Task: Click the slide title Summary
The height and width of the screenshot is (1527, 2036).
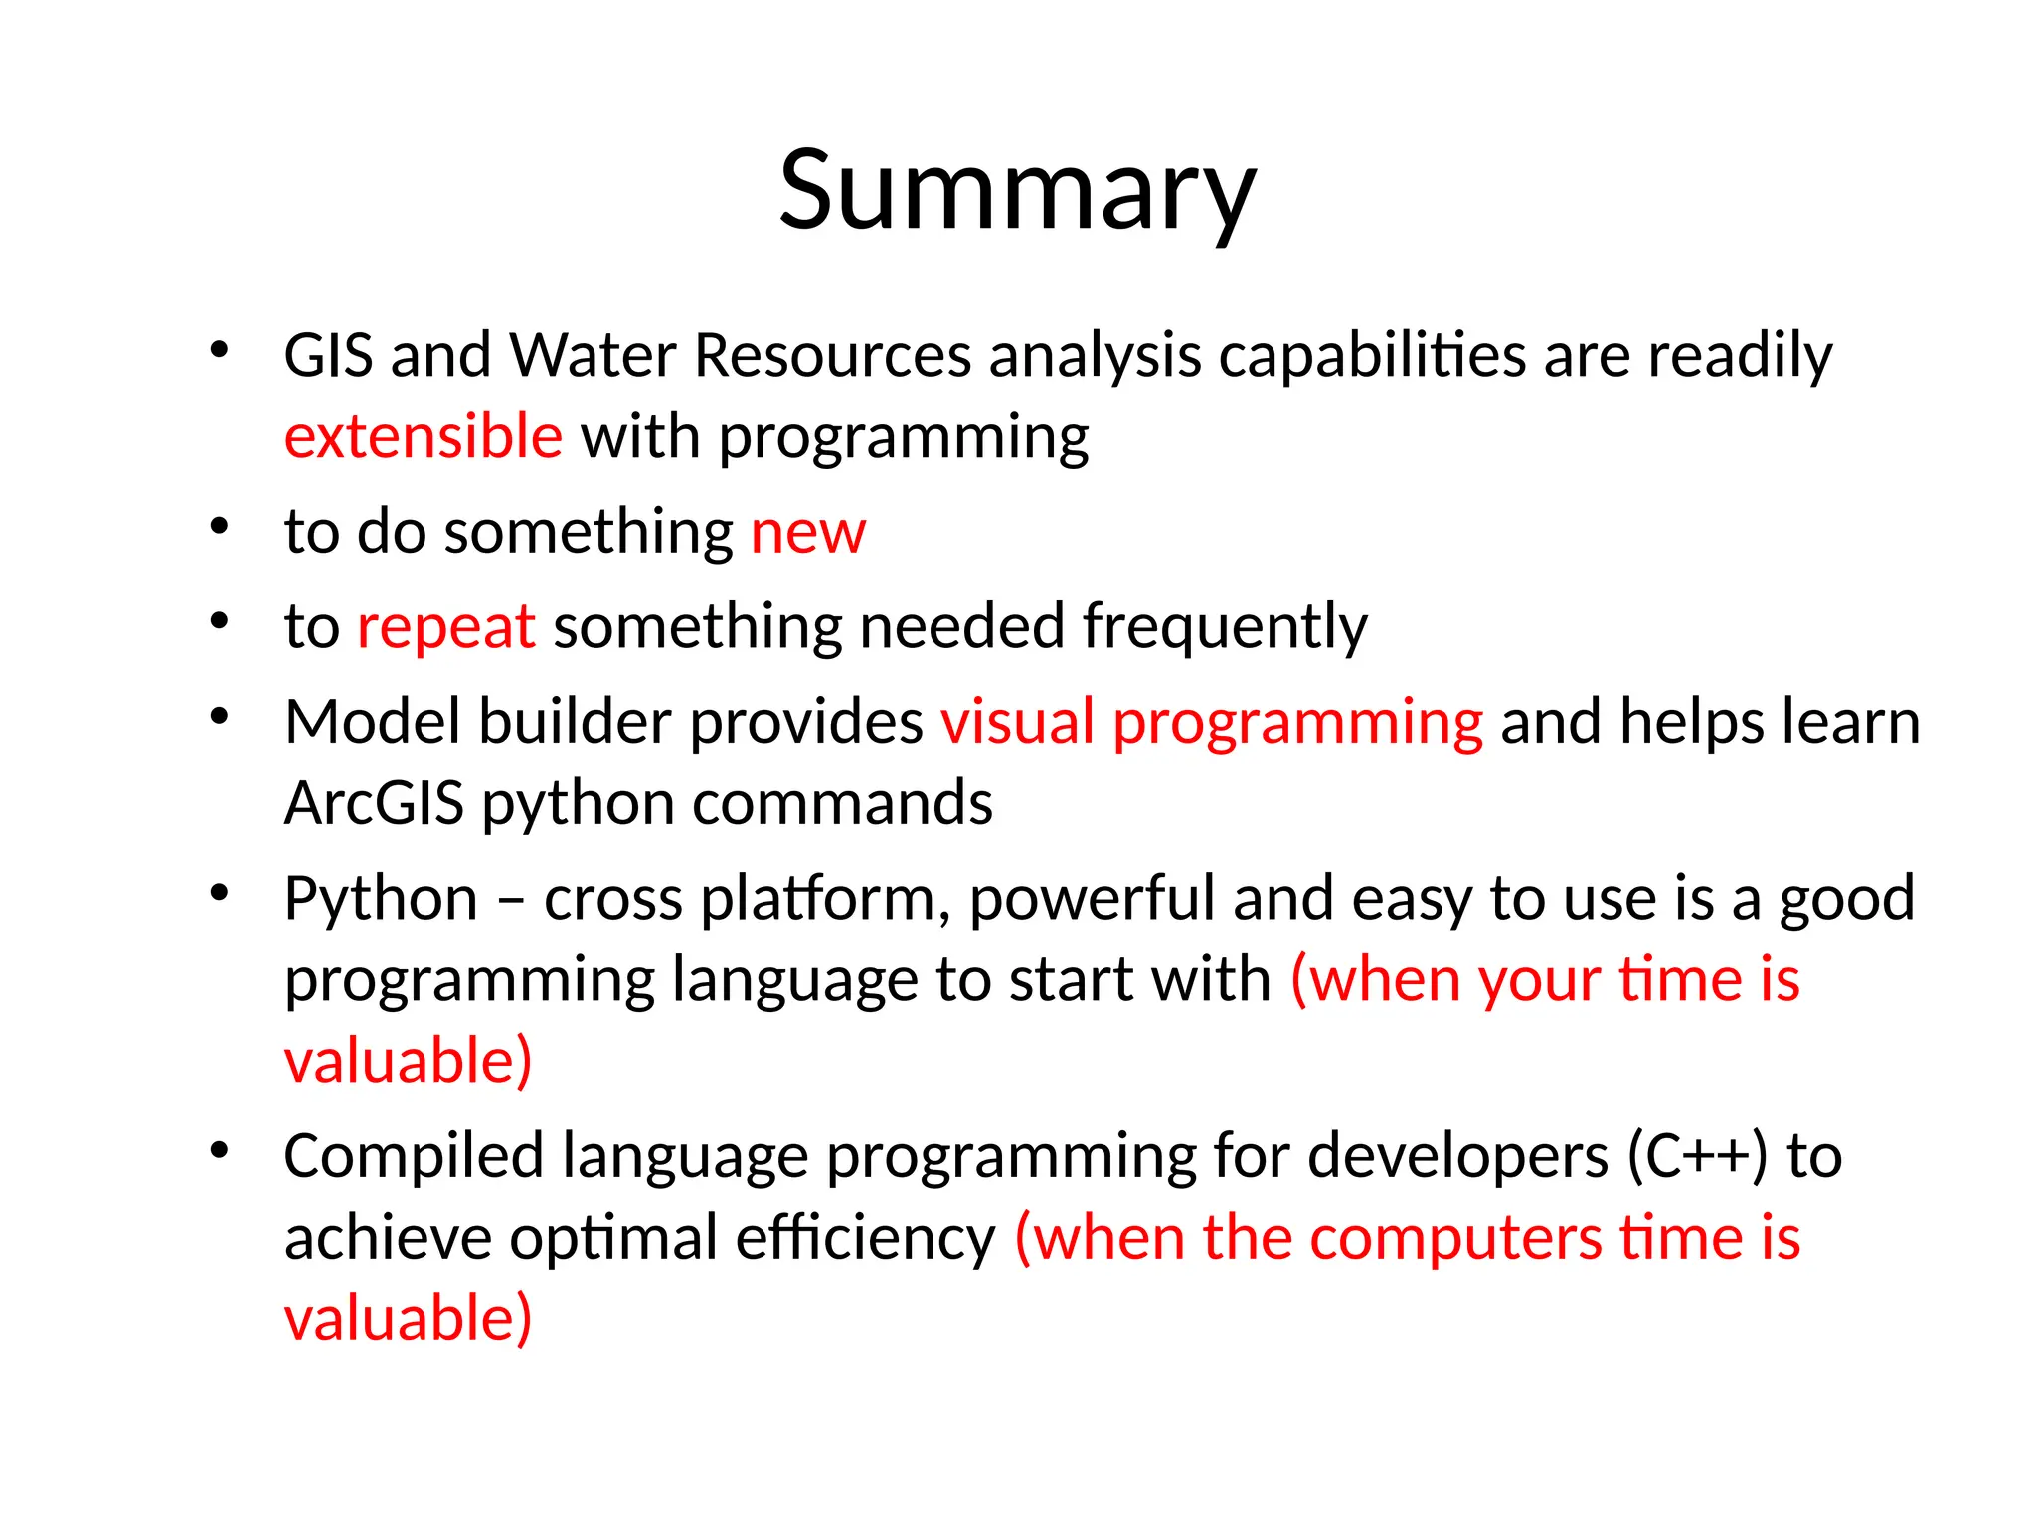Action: coord(1017,191)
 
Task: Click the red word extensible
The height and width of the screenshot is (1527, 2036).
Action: coord(424,437)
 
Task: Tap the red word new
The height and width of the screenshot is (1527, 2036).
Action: coord(807,533)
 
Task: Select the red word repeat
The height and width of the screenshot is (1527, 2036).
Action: coord(445,628)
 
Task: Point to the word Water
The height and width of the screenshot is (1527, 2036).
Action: coord(593,355)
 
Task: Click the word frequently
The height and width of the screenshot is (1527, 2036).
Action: coord(1224,628)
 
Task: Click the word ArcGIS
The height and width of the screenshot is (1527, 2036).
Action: coord(374,803)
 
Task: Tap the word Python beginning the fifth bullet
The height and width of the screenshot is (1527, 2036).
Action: coord(382,900)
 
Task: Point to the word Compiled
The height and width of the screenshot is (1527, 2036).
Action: coord(414,1157)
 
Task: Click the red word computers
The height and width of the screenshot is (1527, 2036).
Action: coord(1454,1239)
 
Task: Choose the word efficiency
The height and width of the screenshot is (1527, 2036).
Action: coord(865,1239)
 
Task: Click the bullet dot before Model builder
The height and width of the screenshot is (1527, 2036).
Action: coord(220,716)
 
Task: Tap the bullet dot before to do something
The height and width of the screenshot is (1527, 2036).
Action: coord(220,526)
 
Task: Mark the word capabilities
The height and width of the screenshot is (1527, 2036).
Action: coord(1373,355)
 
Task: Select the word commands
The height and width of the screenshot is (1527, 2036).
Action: coord(842,803)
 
